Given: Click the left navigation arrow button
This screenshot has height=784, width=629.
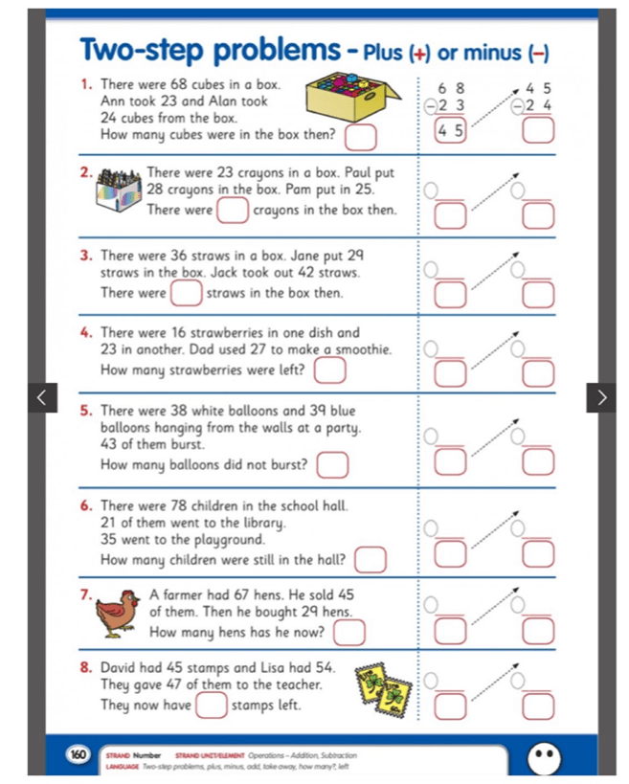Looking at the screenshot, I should tap(41, 396).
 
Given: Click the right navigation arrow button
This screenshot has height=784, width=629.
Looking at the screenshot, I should tap(600, 396).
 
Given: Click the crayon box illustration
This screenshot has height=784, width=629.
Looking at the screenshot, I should tap(121, 190).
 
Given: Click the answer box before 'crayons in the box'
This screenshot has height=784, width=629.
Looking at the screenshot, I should tap(232, 210).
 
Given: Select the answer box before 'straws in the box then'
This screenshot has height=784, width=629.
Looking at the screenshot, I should tap(187, 292).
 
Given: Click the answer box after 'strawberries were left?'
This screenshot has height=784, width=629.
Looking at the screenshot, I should tap(330, 370).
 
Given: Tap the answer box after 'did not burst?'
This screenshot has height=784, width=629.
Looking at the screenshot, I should tap(331, 466).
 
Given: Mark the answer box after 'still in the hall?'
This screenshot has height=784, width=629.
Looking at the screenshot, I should tap(371, 559).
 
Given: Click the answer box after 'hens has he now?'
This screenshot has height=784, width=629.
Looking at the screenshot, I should tap(351, 632).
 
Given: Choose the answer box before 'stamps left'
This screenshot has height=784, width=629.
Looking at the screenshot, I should tap(212, 706).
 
